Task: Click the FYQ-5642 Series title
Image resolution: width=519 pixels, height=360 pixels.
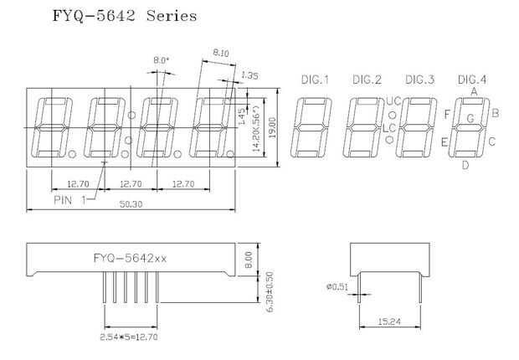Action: [125, 16]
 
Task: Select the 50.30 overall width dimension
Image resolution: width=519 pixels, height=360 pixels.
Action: [131, 204]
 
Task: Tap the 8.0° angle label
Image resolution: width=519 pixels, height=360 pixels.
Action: [161, 60]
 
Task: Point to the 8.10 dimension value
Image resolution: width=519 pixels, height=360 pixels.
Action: [221, 53]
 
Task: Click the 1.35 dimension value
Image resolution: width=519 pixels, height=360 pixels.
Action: [249, 75]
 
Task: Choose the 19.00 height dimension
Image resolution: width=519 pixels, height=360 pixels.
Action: [272, 128]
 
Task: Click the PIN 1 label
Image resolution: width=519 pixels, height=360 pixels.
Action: [69, 200]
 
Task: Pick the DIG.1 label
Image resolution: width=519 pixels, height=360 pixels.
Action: [315, 80]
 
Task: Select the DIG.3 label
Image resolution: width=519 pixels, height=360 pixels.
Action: [419, 80]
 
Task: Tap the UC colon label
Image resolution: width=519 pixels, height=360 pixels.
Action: [393, 101]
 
